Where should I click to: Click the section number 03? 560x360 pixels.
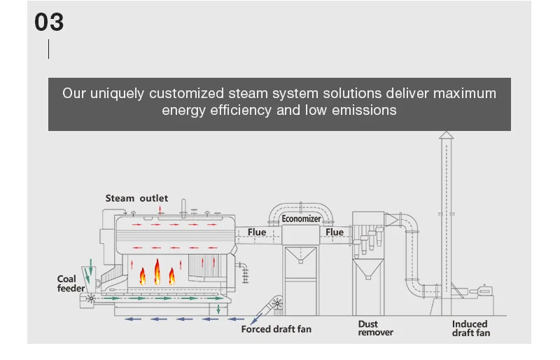pyautogui.click(x=49, y=22)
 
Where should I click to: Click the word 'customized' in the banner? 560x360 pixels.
pyautogui.click(x=187, y=93)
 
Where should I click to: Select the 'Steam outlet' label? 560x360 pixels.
pyautogui.click(x=136, y=198)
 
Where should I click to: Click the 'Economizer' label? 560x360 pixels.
pyautogui.click(x=301, y=219)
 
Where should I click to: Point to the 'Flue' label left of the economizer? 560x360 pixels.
pyautogui.click(x=257, y=232)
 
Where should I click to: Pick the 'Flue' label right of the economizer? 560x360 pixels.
pyautogui.click(x=335, y=232)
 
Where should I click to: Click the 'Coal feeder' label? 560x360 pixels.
pyautogui.click(x=71, y=284)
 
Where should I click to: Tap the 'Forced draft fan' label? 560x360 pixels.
pyautogui.click(x=276, y=328)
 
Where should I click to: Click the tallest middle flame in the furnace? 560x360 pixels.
pyautogui.click(x=157, y=271)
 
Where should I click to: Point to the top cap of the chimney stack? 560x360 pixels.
pyautogui.click(x=446, y=134)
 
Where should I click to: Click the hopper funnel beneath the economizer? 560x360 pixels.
pyautogui.click(x=300, y=258)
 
